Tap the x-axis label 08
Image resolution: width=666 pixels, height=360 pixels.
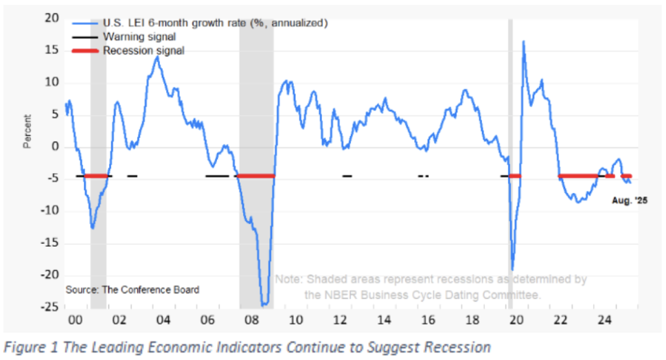(x=251, y=320)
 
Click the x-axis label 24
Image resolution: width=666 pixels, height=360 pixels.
(x=605, y=320)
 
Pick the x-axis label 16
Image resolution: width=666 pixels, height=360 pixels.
(x=428, y=320)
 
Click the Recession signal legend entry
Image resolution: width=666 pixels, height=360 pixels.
(x=143, y=50)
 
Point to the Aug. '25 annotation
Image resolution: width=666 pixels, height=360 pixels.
(x=630, y=200)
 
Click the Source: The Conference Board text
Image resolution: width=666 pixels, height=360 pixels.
(x=133, y=290)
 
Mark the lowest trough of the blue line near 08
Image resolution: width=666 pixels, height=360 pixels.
(x=264, y=304)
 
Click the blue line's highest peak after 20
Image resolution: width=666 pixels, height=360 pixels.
(x=523, y=42)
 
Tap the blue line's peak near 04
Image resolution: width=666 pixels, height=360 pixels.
(x=157, y=57)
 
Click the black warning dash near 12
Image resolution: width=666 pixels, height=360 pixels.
(x=347, y=176)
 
